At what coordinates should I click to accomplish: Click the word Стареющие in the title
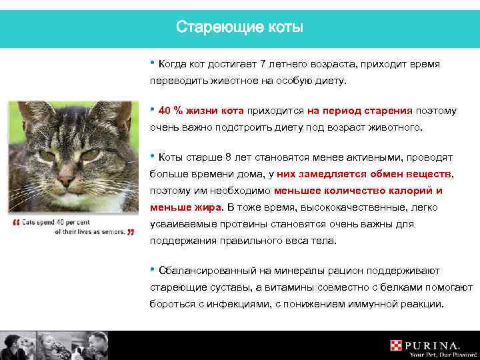click(x=210, y=27)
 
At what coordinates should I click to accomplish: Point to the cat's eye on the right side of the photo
click(x=90, y=154)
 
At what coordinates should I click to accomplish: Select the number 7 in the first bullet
click(x=263, y=64)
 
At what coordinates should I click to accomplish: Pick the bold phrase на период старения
click(x=360, y=110)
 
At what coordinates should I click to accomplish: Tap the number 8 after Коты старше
click(x=229, y=158)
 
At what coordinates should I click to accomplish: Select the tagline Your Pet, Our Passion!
click(x=434, y=355)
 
